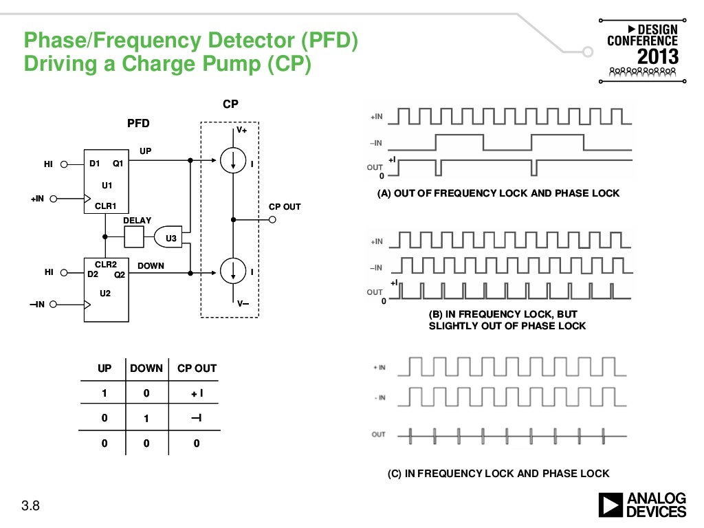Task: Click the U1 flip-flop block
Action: point(107,181)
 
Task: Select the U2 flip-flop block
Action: point(107,289)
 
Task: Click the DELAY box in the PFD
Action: point(135,238)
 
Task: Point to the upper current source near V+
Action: point(234,162)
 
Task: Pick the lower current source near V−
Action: point(234,272)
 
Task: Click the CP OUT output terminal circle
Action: point(273,220)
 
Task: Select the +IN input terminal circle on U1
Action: point(52,199)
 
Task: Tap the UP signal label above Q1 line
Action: point(146,151)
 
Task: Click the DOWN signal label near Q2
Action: point(151,265)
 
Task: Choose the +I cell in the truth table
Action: point(197,394)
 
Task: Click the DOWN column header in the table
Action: point(146,368)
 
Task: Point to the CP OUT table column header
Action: point(197,368)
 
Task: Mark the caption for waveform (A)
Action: point(498,193)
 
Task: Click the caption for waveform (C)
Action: point(498,473)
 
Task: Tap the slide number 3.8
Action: point(31,507)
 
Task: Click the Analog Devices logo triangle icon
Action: point(610,505)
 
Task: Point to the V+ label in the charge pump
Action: point(242,129)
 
